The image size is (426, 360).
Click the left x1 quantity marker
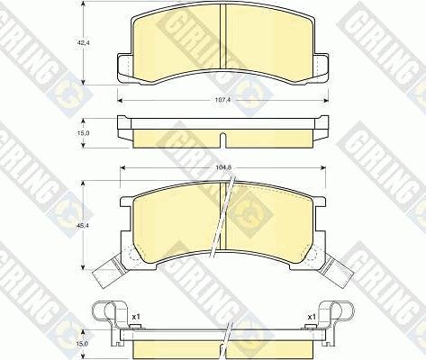point(136,317)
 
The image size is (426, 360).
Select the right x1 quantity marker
point(311,317)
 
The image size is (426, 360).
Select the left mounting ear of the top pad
point(125,64)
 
